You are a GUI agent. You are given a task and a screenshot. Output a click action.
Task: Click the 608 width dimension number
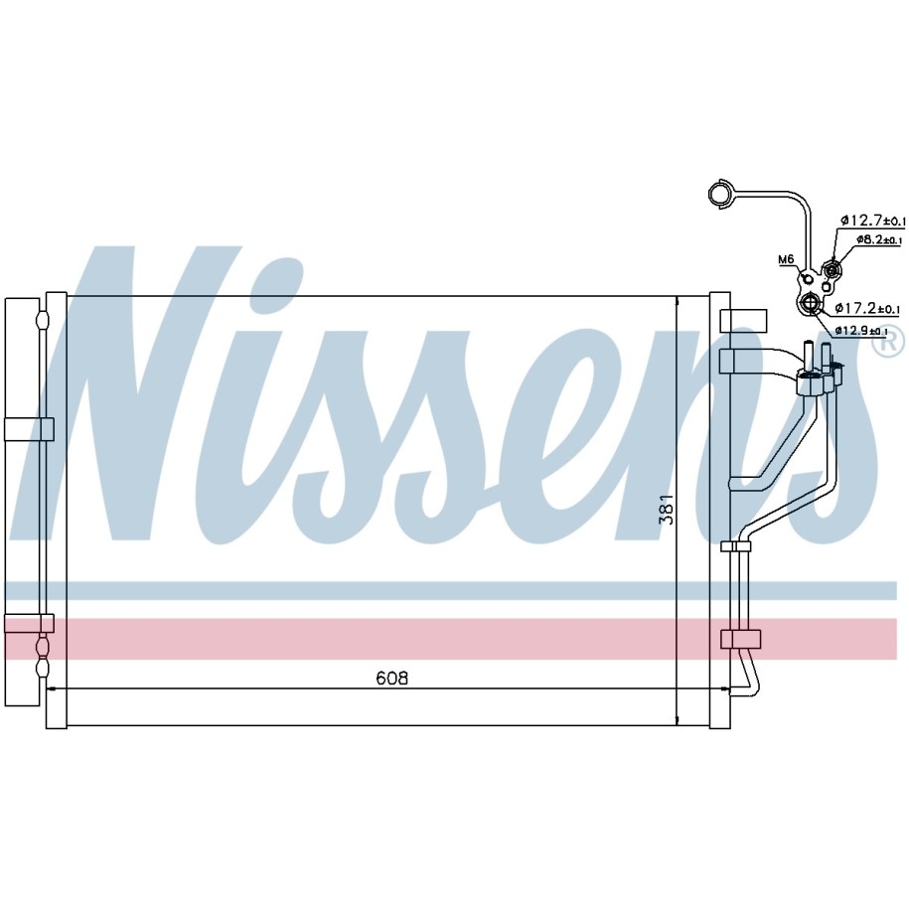click(391, 678)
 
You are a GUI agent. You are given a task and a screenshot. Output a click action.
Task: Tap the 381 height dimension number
click(668, 510)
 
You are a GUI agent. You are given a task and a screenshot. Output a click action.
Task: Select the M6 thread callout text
click(786, 259)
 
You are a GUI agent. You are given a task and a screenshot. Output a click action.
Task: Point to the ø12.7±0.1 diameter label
click(872, 221)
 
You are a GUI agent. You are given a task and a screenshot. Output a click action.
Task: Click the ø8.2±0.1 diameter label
click(880, 239)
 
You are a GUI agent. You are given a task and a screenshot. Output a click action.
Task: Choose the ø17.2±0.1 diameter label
click(867, 309)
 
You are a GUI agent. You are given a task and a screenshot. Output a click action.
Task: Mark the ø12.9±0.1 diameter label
click(861, 331)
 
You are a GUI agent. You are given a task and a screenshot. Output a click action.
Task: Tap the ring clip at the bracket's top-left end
click(720, 193)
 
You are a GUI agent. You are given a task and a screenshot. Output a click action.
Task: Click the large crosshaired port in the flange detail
click(810, 303)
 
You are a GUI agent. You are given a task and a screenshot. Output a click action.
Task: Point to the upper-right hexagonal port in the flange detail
click(833, 269)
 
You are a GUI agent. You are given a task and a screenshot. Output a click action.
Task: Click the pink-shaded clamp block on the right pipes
click(740, 639)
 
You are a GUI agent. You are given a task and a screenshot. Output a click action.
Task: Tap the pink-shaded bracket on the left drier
click(29, 624)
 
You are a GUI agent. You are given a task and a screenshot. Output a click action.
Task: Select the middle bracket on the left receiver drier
click(29, 429)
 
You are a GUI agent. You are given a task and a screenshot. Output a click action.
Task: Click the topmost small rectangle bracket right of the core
click(743, 321)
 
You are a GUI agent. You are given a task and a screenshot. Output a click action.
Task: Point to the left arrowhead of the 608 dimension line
click(51, 688)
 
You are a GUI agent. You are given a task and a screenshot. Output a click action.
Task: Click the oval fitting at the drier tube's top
click(43, 320)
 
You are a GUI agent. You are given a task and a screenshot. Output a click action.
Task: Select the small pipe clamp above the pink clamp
click(735, 546)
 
